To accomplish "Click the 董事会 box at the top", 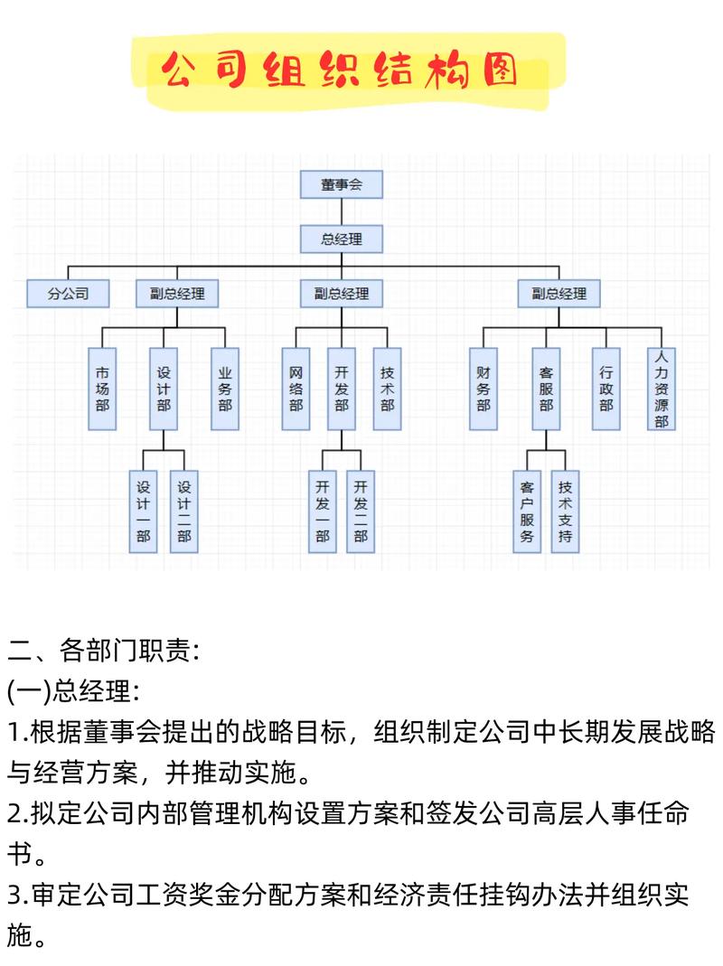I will click(x=342, y=184).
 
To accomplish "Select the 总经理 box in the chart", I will click(x=342, y=239).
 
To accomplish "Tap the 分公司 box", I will click(x=68, y=294).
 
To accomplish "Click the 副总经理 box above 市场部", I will click(x=177, y=294).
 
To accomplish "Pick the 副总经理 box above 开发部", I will click(x=342, y=294).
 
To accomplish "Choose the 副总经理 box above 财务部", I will click(x=559, y=294).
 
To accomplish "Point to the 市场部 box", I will click(x=102, y=389).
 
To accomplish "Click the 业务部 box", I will click(x=225, y=389).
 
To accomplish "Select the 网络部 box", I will click(x=296, y=389).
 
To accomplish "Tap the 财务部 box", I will click(x=484, y=389).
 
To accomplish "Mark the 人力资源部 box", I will click(x=662, y=389).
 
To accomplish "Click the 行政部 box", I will click(x=606, y=389).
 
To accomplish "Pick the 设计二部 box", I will click(x=184, y=511).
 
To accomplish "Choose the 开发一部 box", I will click(x=323, y=511).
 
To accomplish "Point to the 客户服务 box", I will click(x=528, y=511).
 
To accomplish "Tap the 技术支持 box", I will click(x=566, y=511).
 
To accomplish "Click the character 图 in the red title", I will click(x=500, y=71).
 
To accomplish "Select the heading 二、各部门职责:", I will click(x=103, y=650).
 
